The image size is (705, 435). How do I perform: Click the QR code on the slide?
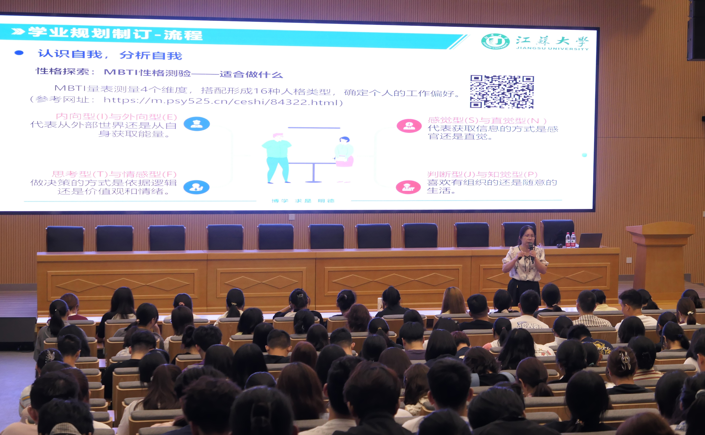[502, 92]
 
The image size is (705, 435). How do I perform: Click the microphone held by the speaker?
[531, 249]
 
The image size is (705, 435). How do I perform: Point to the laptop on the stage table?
[590, 240]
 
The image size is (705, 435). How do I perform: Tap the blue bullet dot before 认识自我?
[19, 53]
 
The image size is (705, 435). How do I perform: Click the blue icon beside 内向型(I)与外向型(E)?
[197, 124]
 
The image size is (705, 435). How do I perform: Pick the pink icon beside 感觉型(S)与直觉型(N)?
[409, 126]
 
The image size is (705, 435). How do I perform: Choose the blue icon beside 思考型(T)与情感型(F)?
[196, 187]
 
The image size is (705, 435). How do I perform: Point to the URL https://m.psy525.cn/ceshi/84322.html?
[223, 101]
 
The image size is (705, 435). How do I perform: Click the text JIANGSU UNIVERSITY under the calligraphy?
[552, 48]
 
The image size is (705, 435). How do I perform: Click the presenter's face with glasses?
[528, 236]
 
